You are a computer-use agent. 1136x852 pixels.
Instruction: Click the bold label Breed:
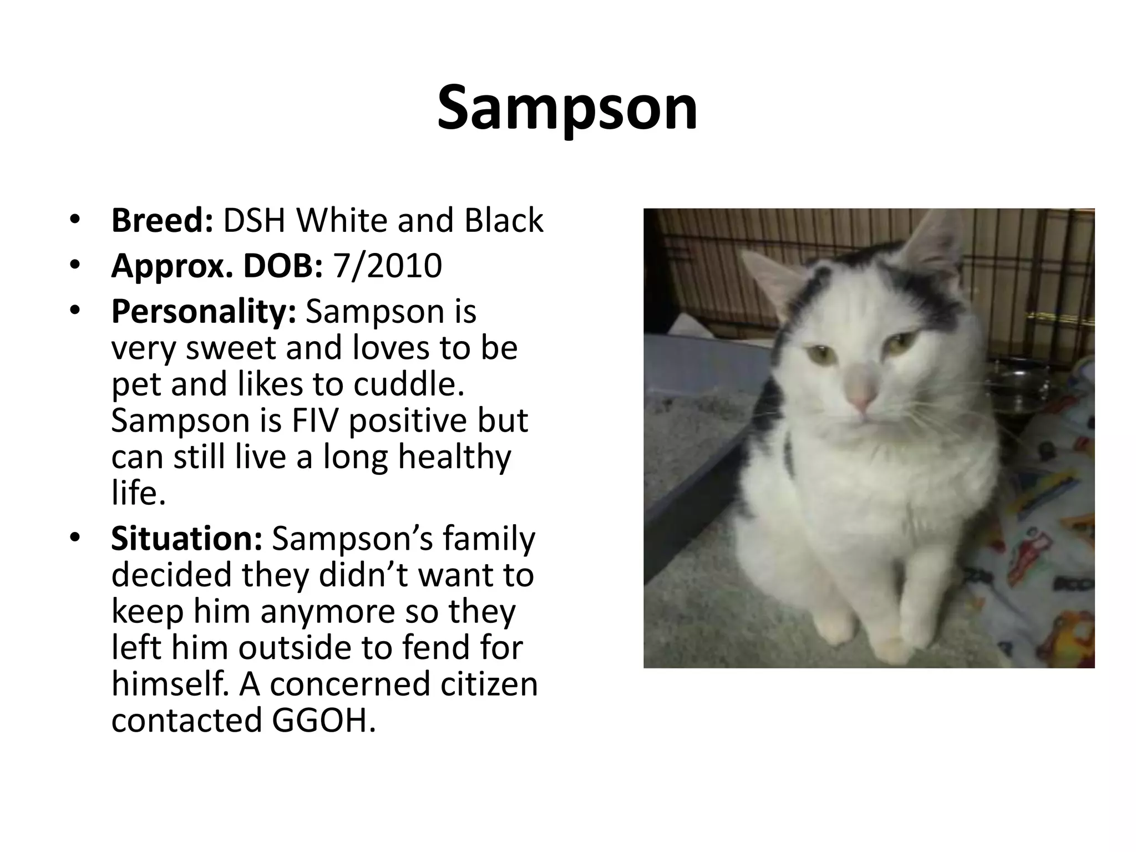162,220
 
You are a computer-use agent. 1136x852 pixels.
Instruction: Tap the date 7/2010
387,266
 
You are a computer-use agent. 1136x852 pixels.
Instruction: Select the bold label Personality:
204,311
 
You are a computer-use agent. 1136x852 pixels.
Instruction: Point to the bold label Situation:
186,538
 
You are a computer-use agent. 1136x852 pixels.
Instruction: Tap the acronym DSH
255,220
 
